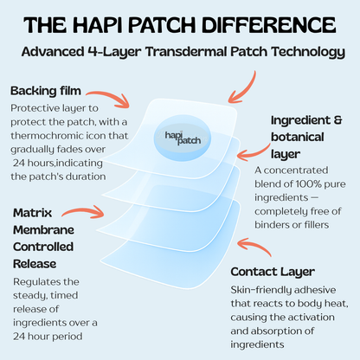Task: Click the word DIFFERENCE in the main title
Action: pyautogui.click(x=268, y=25)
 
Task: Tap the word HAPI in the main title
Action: pyautogui.click(x=97, y=25)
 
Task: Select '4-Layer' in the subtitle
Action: pyautogui.click(x=114, y=52)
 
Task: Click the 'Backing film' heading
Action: pyautogui.click(x=46, y=91)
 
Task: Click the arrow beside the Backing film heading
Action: pyautogui.click(x=111, y=98)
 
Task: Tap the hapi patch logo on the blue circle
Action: pyautogui.click(x=183, y=138)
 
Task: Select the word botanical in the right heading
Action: pyautogui.click(x=298, y=137)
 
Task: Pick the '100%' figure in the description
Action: pyautogui.click(x=308, y=183)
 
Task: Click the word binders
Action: pyautogui.click(x=271, y=224)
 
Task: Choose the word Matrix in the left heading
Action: pyautogui.click(x=32, y=213)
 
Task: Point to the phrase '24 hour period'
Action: pyautogui.click(x=48, y=337)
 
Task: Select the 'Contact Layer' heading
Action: pyautogui.click(x=273, y=272)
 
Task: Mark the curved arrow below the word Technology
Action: pyautogui.click(x=244, y=88)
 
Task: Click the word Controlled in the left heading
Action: pyautogui.click(x=43, y=247)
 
